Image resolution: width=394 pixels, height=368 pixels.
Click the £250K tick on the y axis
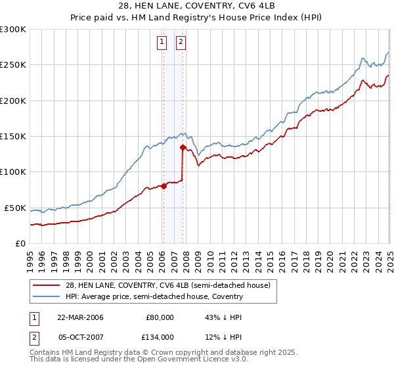pos(12,65)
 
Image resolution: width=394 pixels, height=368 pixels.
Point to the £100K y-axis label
pos(12,172)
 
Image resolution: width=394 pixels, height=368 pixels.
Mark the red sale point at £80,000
pos(164,186)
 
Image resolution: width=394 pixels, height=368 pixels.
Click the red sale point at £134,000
pos(182,148)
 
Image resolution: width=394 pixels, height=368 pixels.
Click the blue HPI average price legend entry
pos(154,296)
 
